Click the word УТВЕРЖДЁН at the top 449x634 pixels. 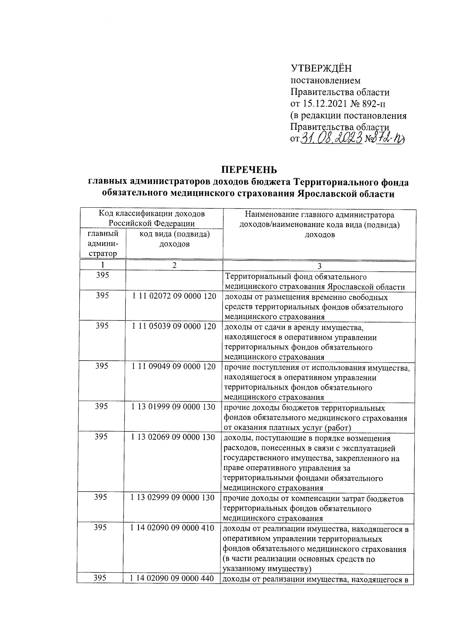coord(321,69)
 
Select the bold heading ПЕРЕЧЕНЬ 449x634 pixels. coord(248,170)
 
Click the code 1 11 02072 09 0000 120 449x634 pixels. coord(174,296)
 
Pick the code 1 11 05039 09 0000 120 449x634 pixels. coord(174,326)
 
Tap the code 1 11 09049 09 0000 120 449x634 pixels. coord(174,367)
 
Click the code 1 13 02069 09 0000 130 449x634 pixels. coord(173,437)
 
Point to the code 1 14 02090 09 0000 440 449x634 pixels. coord(172,578)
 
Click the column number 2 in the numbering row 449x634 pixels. coord(174,265)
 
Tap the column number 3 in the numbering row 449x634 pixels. coord(319,266)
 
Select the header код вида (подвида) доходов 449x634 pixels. coord(174,239)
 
